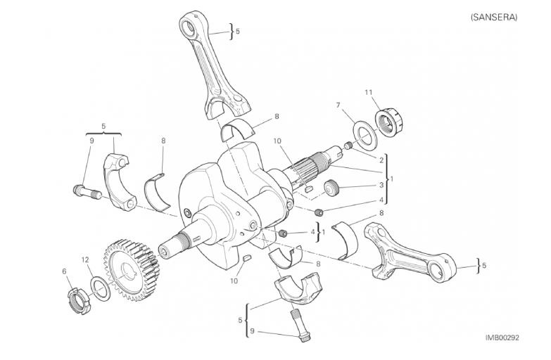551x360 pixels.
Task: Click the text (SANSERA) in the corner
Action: pos(494,17)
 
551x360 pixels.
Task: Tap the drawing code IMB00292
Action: pos(502,337)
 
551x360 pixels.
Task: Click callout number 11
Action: pos(368,92)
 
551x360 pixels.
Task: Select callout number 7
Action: pos(338,105)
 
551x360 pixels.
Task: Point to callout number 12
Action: pos(85,260)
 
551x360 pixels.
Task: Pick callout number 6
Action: pos(64,271)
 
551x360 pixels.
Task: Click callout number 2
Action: pos(381,160)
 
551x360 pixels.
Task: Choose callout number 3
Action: pos(381,185)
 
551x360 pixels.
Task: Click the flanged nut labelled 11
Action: pos(388,123)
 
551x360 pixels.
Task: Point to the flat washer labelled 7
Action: pos(366,134)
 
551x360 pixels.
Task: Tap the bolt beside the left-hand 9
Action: pos(87,191)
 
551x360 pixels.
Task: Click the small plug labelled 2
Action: pos(348,146)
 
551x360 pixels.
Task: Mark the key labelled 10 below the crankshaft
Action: pos(247,259)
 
